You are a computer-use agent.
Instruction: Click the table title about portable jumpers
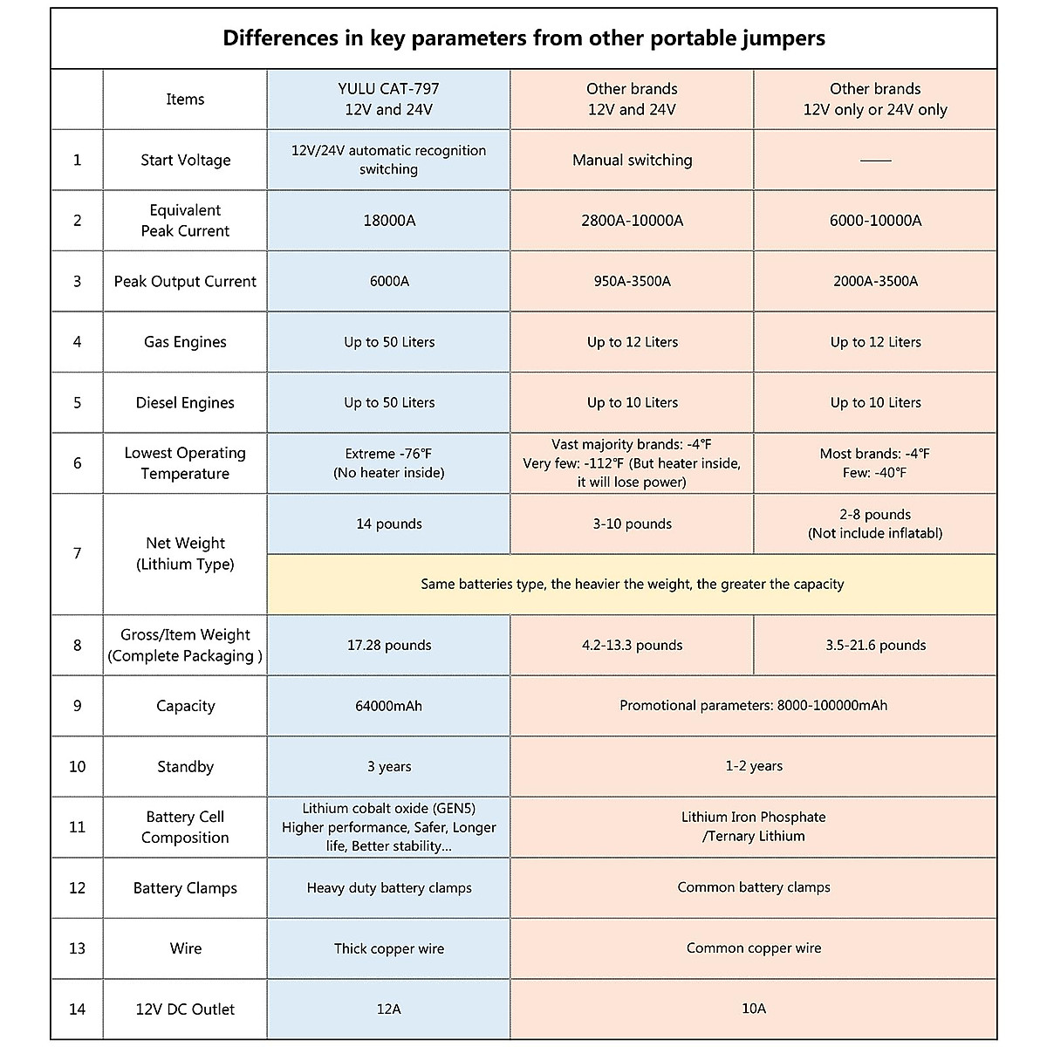(x=523, y=38)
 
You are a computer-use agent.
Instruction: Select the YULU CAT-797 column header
(x=388, y=99)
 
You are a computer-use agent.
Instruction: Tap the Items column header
(x=185, y=99)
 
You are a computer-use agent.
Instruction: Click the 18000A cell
(x=388, y=221)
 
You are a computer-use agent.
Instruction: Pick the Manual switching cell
(x=632, y=161)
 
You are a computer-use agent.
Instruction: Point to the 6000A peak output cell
(x=388, y=281)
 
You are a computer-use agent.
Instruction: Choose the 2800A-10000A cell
(x=632, y=221)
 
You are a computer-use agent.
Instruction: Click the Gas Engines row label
(x=185, y=342)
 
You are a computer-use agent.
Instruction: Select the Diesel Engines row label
(x=185, y=403)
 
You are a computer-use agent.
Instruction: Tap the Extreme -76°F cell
(x=388, y=463)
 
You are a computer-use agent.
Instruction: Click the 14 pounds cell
(x=388, y=524)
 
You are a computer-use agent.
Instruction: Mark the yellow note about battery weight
(x=632, y=585)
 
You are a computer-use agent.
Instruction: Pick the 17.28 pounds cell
(x=388, y=646)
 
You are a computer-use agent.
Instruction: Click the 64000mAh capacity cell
(x=388, y=706)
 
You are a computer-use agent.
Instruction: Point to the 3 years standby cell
(x=388, y=767)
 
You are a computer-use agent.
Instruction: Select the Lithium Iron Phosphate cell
(x=753, y=826)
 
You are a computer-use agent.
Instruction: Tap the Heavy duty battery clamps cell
(x=388, y=888)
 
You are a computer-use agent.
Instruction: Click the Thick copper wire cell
(x=388, y=948)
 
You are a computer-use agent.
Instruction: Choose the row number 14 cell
(x=77, y=1009)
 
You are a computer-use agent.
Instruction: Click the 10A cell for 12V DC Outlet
(x=753, y=1009)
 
